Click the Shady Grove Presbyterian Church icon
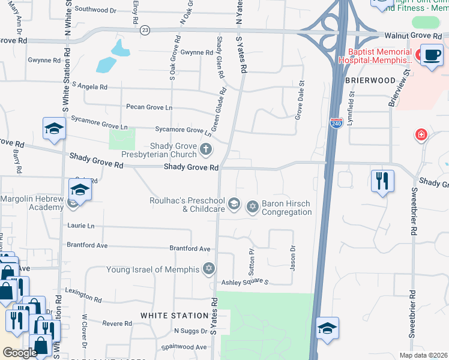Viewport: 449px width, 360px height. pos(206,149)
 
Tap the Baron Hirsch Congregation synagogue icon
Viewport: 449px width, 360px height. pos(253,207)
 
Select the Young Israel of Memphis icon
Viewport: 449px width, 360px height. pos(209,268)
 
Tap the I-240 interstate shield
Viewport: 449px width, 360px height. pos(336,122)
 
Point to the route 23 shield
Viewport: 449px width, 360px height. pos(145,29)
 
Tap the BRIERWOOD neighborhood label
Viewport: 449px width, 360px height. pos(370,80)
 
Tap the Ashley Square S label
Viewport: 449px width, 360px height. pos(244,282)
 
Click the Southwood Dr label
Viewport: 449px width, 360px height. pos(95,10)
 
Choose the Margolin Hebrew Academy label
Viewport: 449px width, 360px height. pos(32,203)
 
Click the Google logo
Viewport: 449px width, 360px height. pos(20,353)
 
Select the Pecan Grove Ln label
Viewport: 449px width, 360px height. pos(149,107)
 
